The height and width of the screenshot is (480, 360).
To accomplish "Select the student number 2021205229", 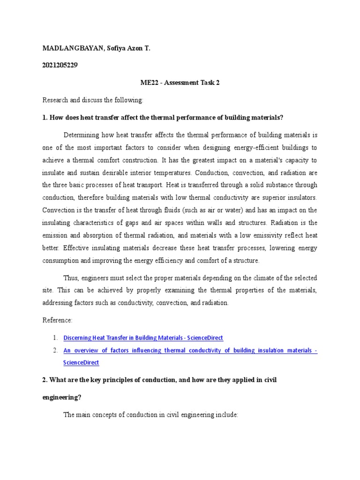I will tap(60, 65).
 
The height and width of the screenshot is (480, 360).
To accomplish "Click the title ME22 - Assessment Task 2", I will tap(180, 82).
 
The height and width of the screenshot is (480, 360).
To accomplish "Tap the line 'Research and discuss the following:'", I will tap(93, 100).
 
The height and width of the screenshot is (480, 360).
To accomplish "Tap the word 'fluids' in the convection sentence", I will tap(155, 210).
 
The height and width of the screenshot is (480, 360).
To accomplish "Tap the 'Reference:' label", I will tap(58, 320).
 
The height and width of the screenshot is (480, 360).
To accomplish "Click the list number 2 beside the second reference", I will tap(55, 350).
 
